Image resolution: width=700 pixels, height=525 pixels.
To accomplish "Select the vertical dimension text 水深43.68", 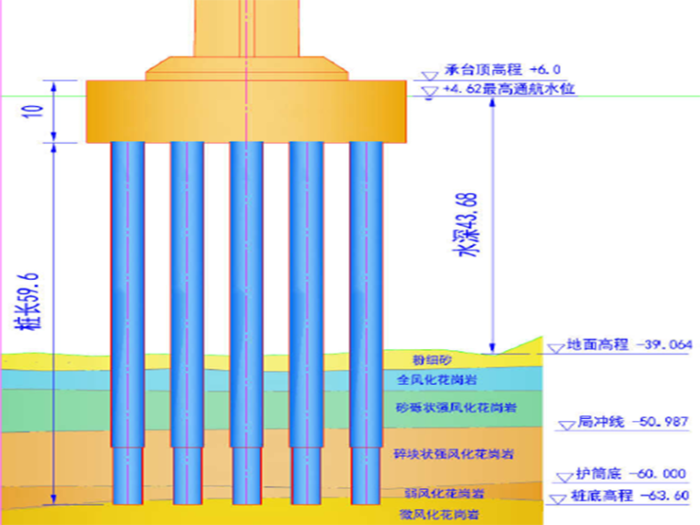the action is (469, 225).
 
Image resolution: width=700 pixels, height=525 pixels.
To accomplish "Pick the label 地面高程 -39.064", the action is (629, 344).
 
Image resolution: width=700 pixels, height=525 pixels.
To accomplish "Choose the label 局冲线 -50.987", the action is (633, 423).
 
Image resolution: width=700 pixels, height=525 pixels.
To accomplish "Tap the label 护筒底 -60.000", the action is (631, 474).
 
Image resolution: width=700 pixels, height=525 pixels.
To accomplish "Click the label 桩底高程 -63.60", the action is (630, 496).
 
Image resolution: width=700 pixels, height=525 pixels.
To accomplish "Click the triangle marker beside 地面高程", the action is (555, 347).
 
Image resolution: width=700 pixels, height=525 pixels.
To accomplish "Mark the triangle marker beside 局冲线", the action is (566, 426).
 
